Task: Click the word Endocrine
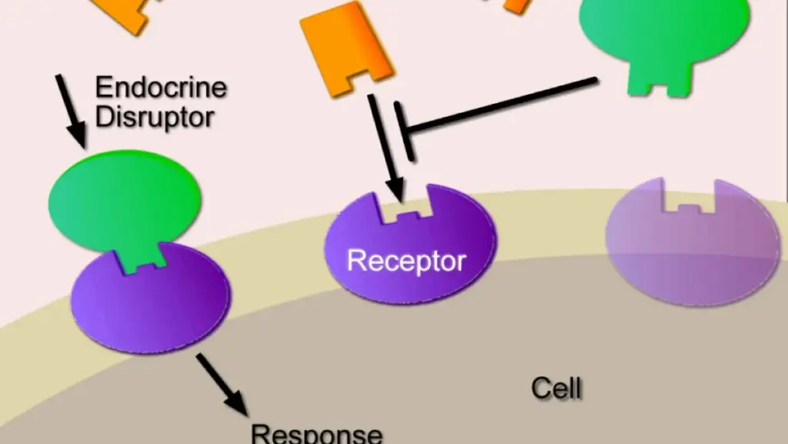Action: point(161,88)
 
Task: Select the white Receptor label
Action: point(406,261)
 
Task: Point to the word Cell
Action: point(556,388)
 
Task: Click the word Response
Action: point(317,433)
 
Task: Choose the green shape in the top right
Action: point(663,23)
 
